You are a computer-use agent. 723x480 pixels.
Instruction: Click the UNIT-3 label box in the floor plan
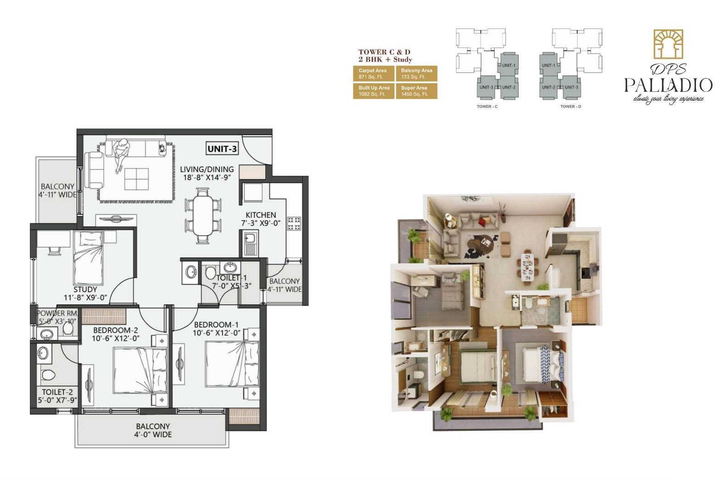tap(222, 149)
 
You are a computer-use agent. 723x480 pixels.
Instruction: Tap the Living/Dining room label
tap(206, 173)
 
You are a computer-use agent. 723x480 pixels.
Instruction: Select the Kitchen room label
tap(261, 219)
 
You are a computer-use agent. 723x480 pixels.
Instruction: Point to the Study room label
tap(85, 293)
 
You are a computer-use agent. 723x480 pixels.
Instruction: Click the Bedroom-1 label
tap(216, 328)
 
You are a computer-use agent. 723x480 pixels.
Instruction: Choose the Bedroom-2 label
tap(116, 334)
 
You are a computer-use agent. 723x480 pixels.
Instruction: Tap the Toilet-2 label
tap(57, 396)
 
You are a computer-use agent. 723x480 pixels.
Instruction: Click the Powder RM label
tap(57, 317)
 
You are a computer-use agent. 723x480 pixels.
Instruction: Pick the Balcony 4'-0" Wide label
tap(153, 430)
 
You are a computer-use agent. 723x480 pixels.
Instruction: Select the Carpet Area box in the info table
tap(373, 73)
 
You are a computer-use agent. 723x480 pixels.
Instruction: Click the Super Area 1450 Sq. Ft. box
tap(416, 91)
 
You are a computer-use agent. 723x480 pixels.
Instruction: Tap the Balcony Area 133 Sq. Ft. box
tap(416, 73)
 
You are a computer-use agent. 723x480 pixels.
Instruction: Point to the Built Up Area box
tap(373, 91)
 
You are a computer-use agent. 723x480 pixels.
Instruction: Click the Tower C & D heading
tap(384, 56)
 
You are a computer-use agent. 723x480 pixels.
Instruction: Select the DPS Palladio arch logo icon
tap(668, 45)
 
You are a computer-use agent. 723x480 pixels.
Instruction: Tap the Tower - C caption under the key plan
tap(487, 107)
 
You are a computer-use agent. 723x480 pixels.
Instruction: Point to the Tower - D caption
tap(570, 107)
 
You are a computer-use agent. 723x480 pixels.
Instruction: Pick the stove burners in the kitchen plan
tap(294, 224)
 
